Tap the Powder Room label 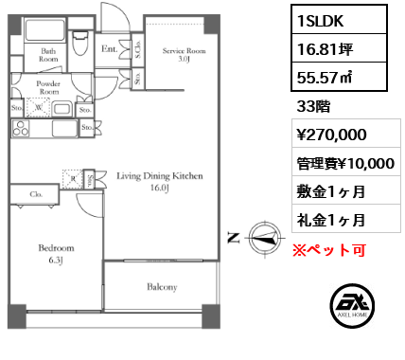coord(48,86)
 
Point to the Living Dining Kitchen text coord(159,176)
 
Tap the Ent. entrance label coord(109,48)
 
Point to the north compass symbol coord(260,238)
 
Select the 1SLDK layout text coord(317,19)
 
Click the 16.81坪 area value coord(325,51)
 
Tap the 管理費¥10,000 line coord(345,163)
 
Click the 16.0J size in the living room coord(158,189)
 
